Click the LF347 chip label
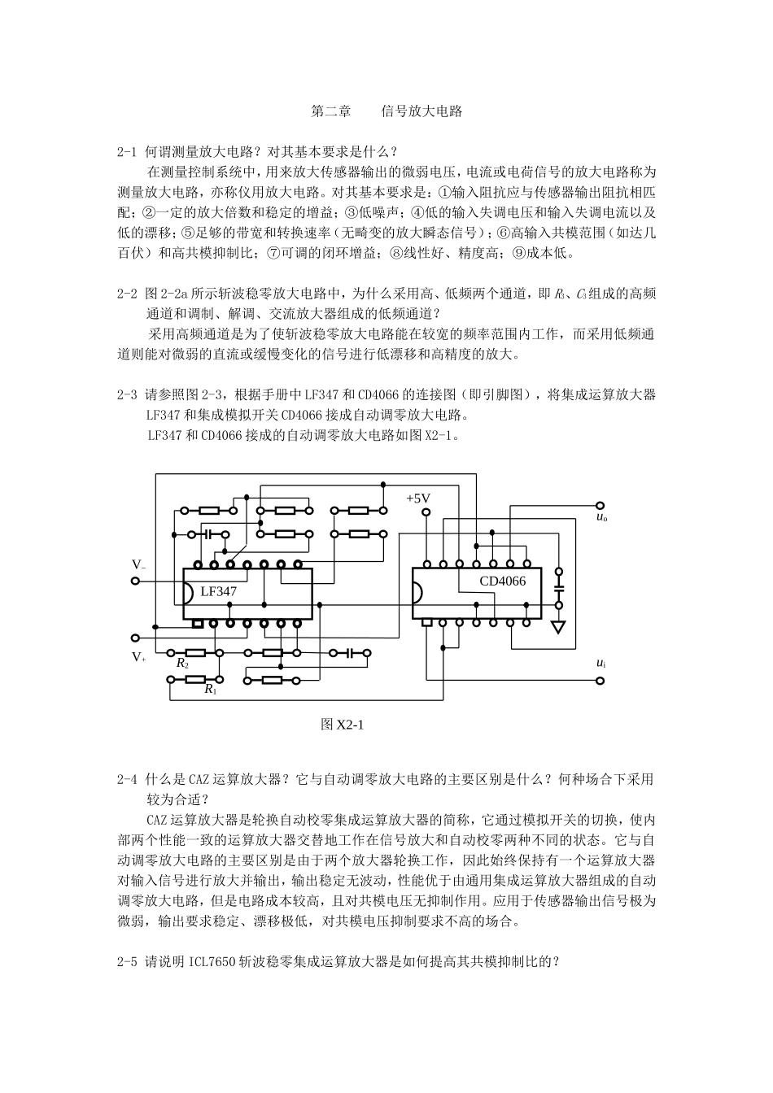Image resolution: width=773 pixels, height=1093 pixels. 218,591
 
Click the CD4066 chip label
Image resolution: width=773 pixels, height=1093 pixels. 502,581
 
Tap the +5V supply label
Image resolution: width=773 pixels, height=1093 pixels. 418,499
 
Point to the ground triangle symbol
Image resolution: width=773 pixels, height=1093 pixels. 558,626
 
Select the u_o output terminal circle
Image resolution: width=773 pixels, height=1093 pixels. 600,504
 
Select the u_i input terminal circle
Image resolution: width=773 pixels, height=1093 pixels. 600,681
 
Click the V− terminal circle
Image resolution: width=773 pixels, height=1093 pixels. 135,581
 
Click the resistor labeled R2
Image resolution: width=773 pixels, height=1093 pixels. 195,652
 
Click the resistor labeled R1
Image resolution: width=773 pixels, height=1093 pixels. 195,680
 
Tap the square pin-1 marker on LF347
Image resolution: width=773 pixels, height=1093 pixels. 196,624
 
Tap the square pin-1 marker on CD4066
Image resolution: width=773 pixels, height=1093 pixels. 426,622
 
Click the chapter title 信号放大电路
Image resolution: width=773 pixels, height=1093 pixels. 421,111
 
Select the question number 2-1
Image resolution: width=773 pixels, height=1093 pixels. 129,151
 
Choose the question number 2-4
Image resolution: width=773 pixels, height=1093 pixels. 129,779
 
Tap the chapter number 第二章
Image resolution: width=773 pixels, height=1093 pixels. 331,111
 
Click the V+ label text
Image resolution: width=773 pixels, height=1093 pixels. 139,657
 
